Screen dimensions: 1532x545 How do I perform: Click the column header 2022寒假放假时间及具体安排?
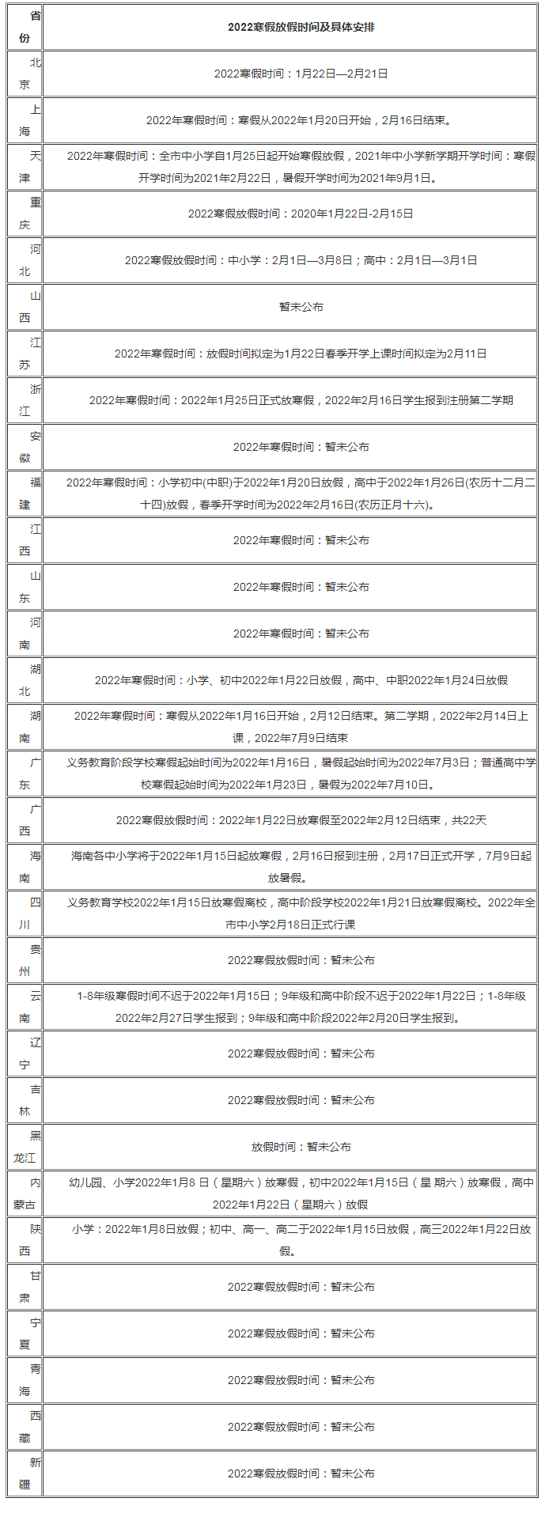pos(301,27)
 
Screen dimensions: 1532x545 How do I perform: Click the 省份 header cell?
pos(25,27)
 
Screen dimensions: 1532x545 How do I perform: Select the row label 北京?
pos(25,74)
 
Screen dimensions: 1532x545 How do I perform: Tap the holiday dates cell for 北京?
pos(301,74)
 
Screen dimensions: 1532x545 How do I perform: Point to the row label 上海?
pos(25,120)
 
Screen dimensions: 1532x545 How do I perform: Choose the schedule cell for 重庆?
pos(301,214)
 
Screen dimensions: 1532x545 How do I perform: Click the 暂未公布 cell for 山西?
pos(301,307)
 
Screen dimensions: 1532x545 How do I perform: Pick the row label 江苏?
pos(25,354)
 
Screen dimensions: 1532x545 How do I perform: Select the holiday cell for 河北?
pos(301,260)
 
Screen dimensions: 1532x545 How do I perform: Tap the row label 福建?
pos(25,494)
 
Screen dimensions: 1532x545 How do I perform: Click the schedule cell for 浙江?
pos(301,400)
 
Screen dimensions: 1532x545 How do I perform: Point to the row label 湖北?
pos(25,680)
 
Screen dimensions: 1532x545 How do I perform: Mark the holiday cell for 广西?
pos(301,820)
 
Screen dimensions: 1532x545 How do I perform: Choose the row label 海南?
pos(25,867)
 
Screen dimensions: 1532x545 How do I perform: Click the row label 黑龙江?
pos(25,1147)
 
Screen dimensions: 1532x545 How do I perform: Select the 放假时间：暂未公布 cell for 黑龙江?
pos(301,1147)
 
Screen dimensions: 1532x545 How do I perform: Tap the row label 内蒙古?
pos(25,1193)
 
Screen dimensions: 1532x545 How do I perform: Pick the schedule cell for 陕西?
pos(301,1240)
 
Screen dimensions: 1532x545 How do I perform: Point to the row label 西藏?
pos(25,1427)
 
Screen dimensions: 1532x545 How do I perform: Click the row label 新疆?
pos(25,1473)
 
